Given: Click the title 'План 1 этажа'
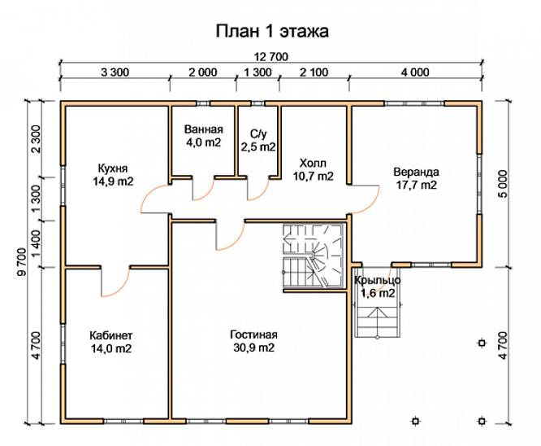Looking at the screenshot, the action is click(272, 31).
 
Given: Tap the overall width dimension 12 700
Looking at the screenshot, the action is click(270, 56).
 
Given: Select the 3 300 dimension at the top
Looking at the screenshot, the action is click(115, 72).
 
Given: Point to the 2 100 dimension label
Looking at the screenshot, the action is click(314, 72).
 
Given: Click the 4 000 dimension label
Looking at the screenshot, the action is click(415, 72).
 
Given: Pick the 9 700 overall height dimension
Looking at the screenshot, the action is click(21, 262).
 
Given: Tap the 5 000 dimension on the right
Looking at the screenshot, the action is click(504, 184).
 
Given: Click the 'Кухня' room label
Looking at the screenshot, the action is click(113, 168).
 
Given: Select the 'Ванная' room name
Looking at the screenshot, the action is click(204, 129).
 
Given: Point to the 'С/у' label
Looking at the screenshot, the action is click(258, 133).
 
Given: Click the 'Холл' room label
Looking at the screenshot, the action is click(313, 163).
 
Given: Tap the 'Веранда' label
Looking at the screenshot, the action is click(416, 172).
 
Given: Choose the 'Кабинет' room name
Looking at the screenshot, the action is click(111, 335).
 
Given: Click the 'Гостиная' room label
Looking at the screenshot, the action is click(253, 334).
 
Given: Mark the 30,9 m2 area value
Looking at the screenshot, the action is click(253, 348).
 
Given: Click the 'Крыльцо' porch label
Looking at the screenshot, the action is click(378, 280).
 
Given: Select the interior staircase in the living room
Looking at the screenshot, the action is click(314, 256).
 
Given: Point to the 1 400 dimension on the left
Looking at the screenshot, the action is click(36, 244).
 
